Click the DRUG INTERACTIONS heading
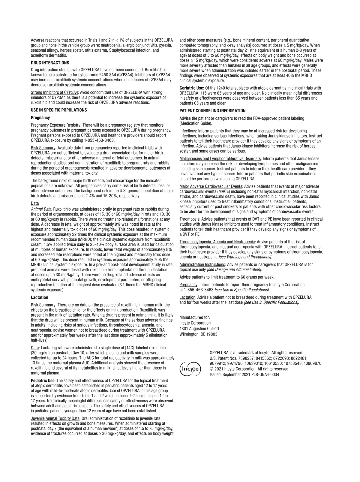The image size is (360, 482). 50,63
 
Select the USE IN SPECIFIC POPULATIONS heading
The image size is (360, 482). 59,110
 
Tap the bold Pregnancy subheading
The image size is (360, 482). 40,118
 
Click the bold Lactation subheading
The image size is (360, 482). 40,297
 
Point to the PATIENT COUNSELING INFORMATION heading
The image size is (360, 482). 212,111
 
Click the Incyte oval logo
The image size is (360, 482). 190,368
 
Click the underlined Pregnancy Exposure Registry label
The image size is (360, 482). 56,125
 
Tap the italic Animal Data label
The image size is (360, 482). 42,209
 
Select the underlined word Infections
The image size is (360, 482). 188,131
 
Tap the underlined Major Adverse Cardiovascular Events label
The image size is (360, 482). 211,186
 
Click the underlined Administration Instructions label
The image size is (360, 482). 202,264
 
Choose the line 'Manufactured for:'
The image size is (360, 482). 195,318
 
